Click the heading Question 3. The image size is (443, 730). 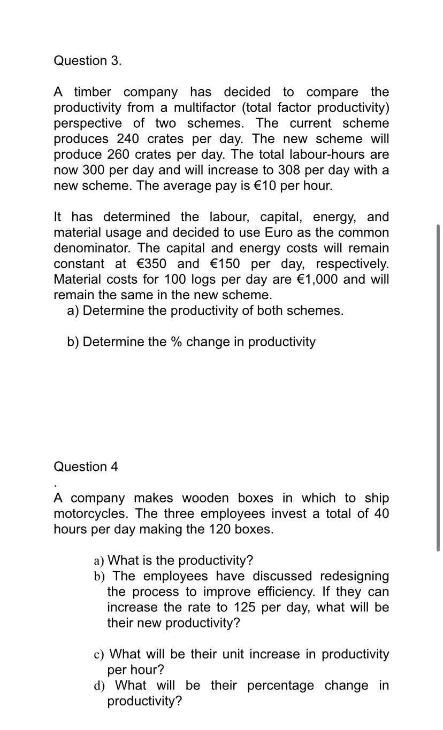click(88, 60)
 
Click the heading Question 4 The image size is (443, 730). click(86, 467)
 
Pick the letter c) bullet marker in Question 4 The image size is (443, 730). click(98, 655)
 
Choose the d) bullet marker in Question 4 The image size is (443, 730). click(99, 686)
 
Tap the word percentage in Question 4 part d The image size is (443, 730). click(280, 686)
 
